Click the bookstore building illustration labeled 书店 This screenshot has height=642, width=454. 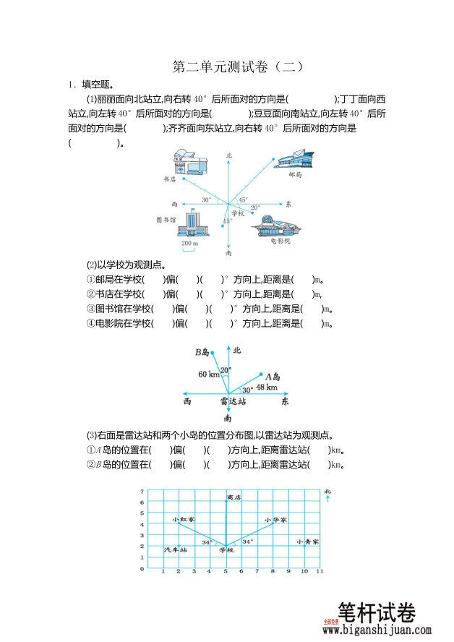(190, 163)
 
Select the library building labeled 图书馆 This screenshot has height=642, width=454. (194, 223)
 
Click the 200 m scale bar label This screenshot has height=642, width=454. (190, 244)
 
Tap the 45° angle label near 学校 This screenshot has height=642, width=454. (243, 200)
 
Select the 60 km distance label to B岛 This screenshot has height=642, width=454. (209, 374)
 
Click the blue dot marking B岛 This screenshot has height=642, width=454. (213, 353)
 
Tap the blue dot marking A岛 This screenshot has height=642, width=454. (262, 375)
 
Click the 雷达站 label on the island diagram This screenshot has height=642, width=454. (233, 401)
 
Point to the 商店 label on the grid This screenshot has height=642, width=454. (233, 497)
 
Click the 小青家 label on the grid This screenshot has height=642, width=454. (307, 542)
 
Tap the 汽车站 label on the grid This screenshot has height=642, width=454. (176, 550)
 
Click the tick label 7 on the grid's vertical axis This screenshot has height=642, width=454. (142, 492)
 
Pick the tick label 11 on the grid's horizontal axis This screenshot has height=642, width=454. (319, 572)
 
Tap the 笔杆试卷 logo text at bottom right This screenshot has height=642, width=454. (377, 613)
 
